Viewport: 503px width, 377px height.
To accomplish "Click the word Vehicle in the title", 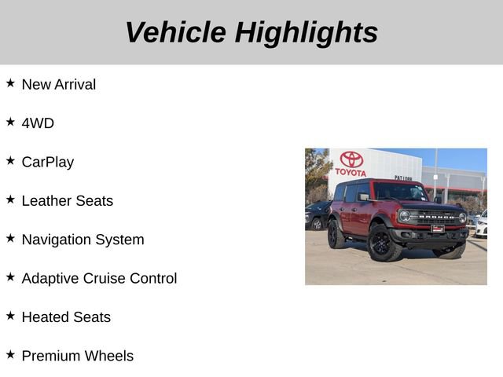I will pos(175,32).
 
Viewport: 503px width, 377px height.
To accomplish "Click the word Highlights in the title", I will pos(307,32).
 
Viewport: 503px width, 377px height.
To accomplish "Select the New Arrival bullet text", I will pos(59,84).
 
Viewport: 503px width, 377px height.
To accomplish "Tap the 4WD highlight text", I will pos(38,123).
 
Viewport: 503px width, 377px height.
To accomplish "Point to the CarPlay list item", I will pos(48,162).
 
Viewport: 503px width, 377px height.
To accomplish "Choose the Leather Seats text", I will pos(68,200).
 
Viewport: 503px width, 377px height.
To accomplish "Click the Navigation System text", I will pos(83,240).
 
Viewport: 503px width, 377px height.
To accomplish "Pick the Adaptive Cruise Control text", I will pos(100,278).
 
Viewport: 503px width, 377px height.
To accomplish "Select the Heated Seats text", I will pos(66,317).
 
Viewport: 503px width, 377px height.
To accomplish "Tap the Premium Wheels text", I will pos(78,356).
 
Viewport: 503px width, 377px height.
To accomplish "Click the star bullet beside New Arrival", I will pos(10,82).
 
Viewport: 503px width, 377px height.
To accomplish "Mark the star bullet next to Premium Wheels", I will pos(10,354).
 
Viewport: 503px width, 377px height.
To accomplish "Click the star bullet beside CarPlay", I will pos(10,160).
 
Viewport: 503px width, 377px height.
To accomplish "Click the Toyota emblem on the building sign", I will pos(351,159).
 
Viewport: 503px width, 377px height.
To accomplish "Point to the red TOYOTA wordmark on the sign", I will pos(351,173).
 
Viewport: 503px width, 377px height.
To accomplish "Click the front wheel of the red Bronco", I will pos(383,243).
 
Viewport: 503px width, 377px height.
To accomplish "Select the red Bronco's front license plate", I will pos(438,229).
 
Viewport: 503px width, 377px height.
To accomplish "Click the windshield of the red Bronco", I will pos(400,192).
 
